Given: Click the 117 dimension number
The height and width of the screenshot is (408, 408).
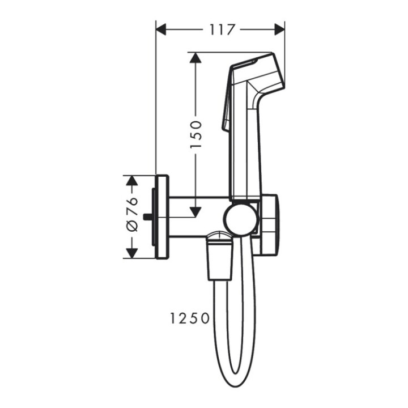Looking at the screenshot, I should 220,29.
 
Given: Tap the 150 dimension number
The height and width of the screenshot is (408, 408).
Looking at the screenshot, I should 195,134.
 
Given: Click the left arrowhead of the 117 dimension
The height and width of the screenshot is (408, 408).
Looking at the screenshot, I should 161,29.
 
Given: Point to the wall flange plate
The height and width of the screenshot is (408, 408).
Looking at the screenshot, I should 162,216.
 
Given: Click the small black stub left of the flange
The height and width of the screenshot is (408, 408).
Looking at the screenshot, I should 148,216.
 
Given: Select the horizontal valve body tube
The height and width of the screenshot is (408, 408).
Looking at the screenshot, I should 198,216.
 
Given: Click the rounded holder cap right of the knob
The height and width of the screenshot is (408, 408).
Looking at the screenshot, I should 270,224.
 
